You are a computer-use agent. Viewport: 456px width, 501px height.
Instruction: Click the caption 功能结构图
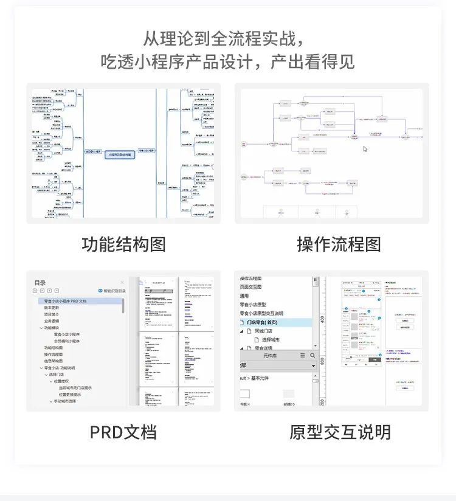123,244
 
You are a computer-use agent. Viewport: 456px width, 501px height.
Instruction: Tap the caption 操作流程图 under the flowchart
339,244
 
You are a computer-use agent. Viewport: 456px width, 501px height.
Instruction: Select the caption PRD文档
123,432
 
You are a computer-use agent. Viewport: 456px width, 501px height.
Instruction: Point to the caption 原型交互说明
339,432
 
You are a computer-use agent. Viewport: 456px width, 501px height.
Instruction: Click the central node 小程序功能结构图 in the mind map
120,155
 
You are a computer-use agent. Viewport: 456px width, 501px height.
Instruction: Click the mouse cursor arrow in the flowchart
365,149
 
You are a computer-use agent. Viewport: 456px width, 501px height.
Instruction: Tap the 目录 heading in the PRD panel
40,283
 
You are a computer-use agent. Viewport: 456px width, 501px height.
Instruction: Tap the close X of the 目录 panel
122,283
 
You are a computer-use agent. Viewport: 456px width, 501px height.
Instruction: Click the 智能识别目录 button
112,291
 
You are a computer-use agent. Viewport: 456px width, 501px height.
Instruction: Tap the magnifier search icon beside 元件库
313,356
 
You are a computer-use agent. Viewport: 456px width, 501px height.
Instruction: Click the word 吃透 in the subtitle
113,61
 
